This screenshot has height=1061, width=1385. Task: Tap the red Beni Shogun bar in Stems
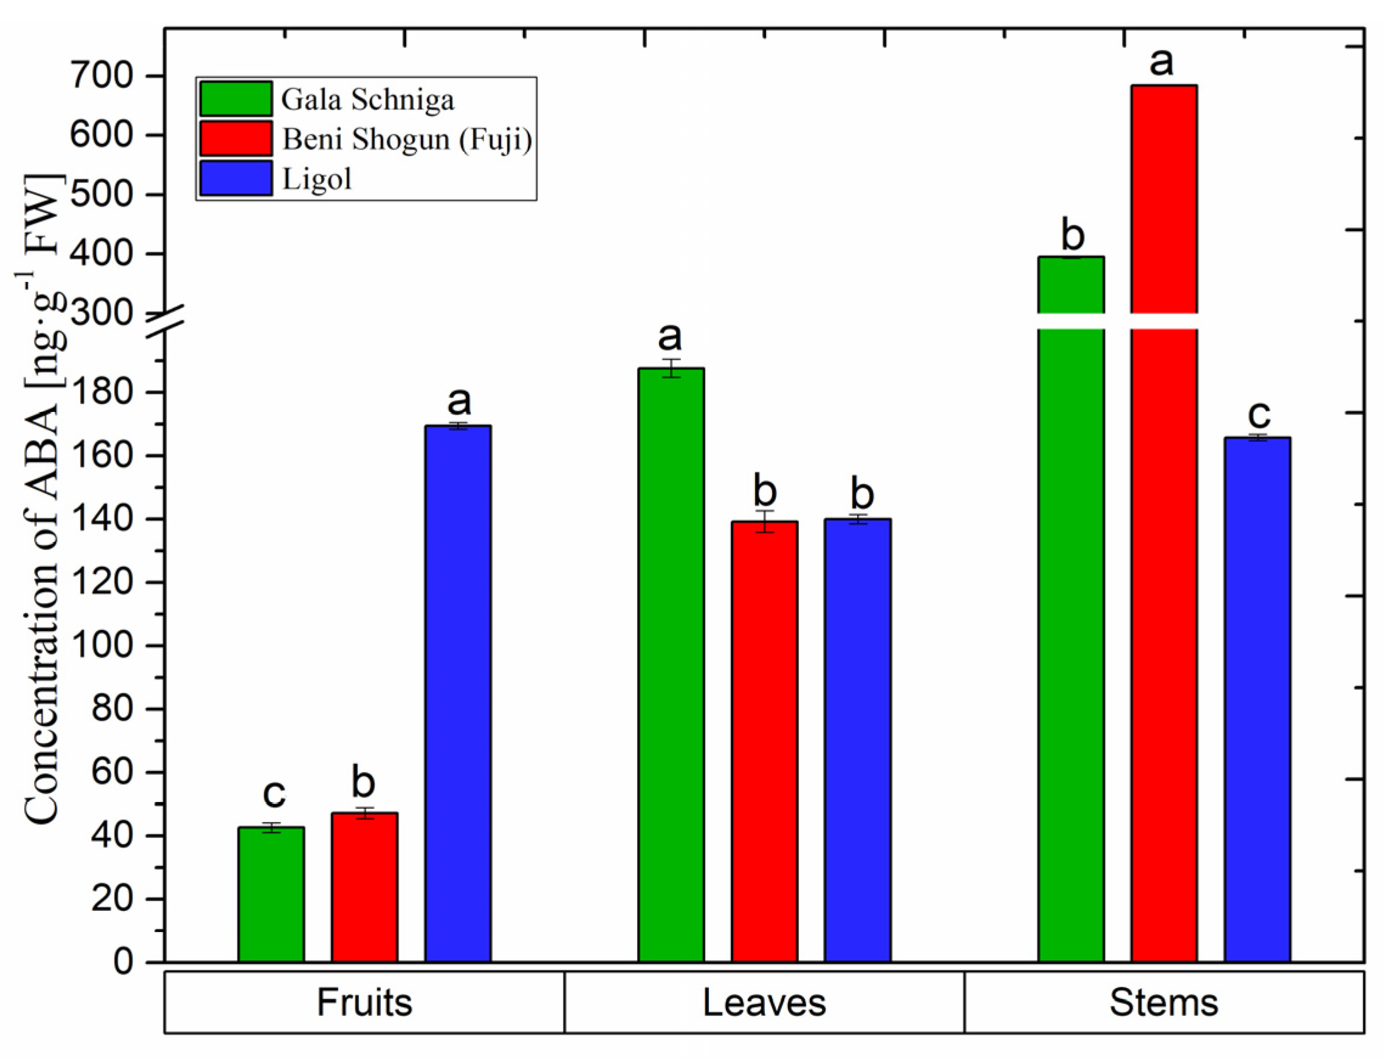point(1163,568)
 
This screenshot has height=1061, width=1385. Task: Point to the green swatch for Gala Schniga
point(236,98)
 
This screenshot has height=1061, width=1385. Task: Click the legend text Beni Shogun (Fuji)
point(406,139)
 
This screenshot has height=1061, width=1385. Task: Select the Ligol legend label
point(316,179)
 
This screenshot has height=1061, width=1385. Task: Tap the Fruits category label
point(364,1002)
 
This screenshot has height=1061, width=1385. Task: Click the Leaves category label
point(764,1002)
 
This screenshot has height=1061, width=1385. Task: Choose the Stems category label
point(1163,1002)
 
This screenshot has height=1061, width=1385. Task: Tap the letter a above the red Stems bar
point(1161,62)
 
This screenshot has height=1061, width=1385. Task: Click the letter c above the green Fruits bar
point(274,793)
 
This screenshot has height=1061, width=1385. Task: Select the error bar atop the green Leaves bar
point(671,368)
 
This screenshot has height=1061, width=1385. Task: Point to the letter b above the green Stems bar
point(1073,235)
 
